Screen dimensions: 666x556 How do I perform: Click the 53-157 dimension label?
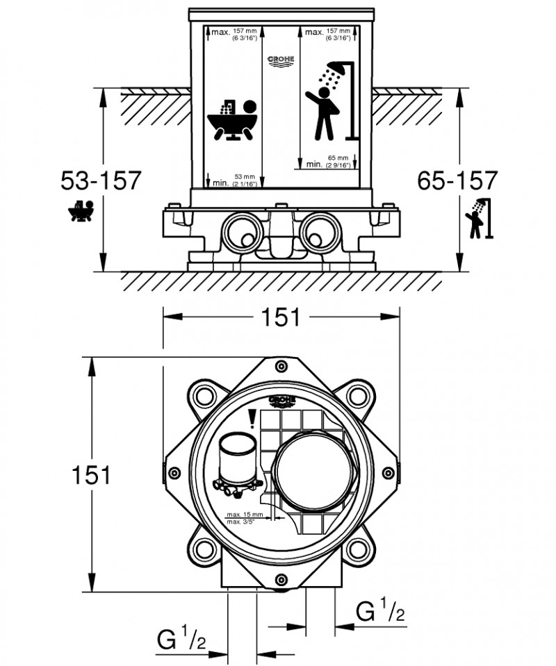point(101,181)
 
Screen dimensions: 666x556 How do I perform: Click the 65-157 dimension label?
point(457,181)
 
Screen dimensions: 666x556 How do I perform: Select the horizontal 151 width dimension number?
point(280,317)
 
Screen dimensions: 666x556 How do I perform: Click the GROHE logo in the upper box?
point(281,63)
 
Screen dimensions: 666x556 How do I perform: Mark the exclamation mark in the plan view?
point(252,417)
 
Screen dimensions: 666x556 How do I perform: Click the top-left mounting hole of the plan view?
point(205,397)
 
